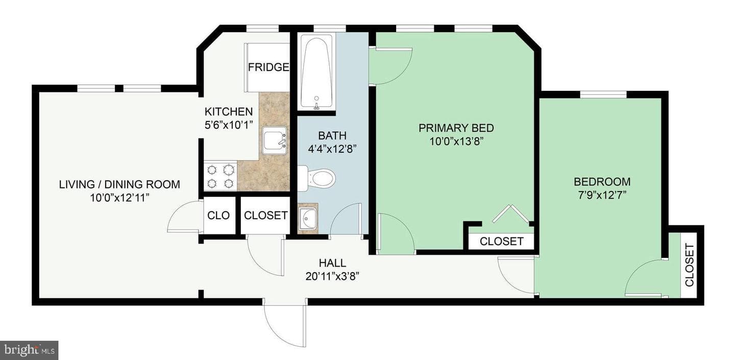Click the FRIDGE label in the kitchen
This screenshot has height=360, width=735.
[268, 67]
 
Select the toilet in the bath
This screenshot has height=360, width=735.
[316, 179]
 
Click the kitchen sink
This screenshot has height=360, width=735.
[274, 140]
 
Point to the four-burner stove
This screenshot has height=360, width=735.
[220, 176]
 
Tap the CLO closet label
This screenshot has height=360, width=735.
[218, 215]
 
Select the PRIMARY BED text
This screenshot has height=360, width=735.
[456, 128]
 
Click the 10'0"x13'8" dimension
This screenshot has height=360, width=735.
[456, 141]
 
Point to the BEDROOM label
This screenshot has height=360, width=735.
[602, 181]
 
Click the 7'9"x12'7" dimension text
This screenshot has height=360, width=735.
[602, 195]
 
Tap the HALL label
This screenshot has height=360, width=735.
[332, 263]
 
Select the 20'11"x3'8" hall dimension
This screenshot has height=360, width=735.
[332, 277]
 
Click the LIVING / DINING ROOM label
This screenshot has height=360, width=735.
[119, 184]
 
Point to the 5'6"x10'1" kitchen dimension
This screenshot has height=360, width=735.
[229, 125]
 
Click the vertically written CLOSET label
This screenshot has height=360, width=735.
[689, 265]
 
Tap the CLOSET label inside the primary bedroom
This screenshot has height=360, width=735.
[501, 242]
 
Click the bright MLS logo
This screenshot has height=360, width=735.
[29, 350]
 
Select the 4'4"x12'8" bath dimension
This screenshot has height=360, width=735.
[332, 149]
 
